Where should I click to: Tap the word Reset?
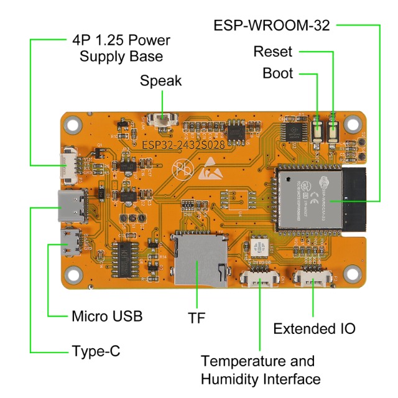[x=272, y=52]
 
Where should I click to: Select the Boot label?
[x=277, y=73]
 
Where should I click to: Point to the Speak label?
[x=161, y=80]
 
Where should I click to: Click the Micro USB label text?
[x=106, y=316]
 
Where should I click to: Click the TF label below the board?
[x=197, y=317]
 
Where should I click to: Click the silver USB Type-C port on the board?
[x=72, y=206]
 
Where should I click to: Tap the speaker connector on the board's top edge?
[x=164, y=119]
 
